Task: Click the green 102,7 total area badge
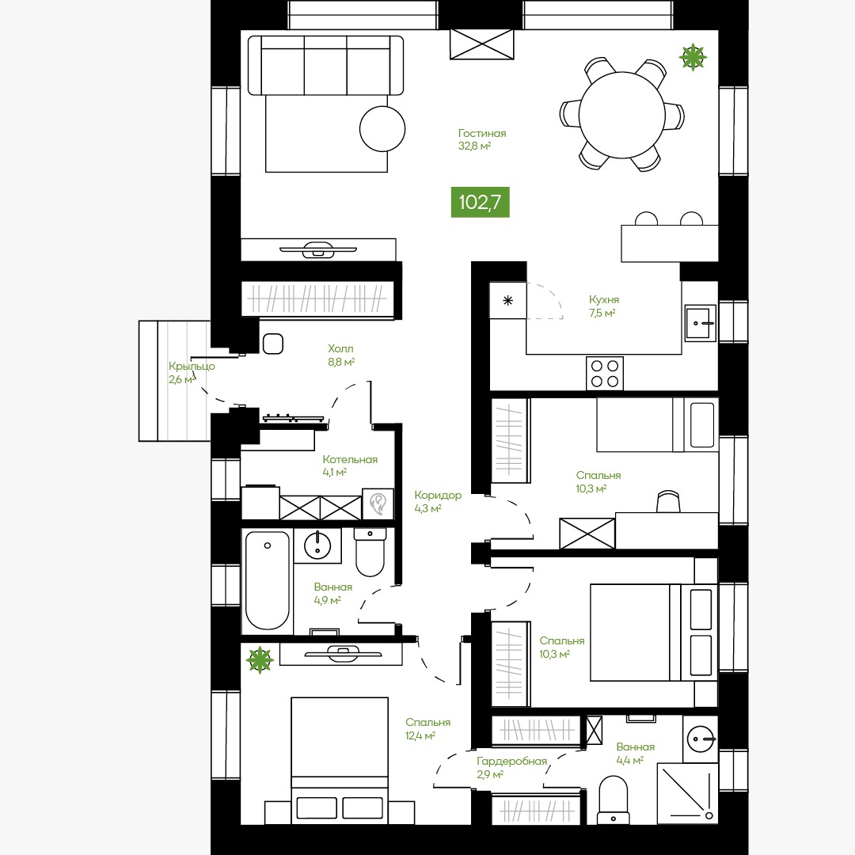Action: (x=480, y=203)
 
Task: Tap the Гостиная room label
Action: (x=482, y=133)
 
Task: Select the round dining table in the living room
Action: (x=621, y=115)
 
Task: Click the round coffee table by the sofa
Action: (x=382, y=129)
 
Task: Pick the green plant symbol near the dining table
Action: (x=693, y=57)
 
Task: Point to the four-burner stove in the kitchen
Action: (x=605, y=374)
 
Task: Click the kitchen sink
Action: (x=700, y=323)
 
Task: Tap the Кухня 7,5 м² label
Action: (x=603, y=306)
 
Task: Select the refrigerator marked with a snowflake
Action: (x=507, y=301)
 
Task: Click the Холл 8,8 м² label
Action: (x=340, y=355)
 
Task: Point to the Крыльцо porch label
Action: (x=192, y=366)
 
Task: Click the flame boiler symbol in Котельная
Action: (x=378, y=503)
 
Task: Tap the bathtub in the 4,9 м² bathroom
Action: (x=268, y=580)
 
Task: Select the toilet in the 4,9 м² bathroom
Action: (x=370, y=552)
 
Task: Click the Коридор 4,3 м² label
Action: (x=437, y=502)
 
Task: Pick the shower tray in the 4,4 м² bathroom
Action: (x=687, y=792)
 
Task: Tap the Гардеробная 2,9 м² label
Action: (x=511, y=767)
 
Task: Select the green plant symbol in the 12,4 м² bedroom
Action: (x=259, y=659)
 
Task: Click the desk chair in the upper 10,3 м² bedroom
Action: (x=668, y=502)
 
